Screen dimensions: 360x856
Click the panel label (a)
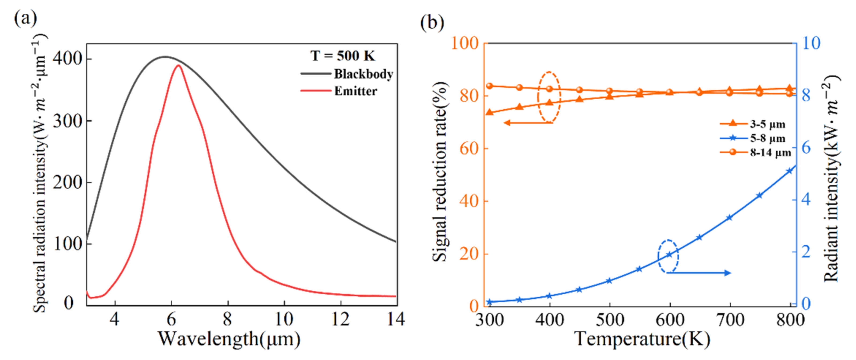point(25,18)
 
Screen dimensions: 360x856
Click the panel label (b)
point(432,22)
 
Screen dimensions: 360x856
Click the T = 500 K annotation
point(343,56)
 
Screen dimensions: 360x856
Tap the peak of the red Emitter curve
point(178,65)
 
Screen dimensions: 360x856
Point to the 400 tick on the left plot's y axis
point(67,59)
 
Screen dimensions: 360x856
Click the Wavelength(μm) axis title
point(229,339)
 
